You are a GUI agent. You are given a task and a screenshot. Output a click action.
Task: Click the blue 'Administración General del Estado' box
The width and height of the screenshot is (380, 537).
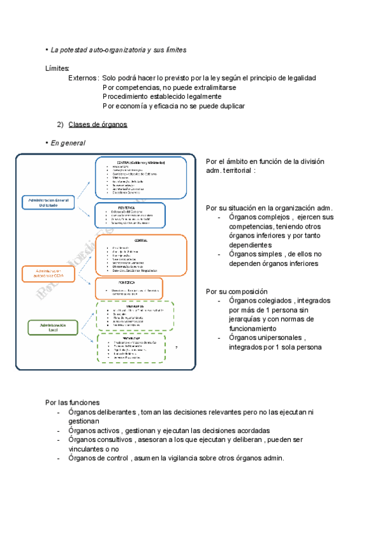(x=48, y=203)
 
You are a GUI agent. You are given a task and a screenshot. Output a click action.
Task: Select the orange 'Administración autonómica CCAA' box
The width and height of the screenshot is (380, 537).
(x=48, y=256)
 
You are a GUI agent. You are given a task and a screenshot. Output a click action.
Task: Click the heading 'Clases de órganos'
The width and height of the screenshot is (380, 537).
(x=98, y=124)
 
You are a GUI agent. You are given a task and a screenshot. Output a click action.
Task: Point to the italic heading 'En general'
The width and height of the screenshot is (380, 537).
(x=68, y=143)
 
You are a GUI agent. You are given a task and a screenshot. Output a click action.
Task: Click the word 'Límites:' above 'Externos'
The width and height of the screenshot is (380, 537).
(x=58, y=68)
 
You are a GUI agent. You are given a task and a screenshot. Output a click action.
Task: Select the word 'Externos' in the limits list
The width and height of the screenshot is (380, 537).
(x=83, y=78)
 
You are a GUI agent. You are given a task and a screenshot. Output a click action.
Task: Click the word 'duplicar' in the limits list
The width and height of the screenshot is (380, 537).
(x=229, y=106)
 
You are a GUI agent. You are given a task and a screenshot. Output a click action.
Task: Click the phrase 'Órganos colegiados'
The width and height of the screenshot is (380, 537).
(x=260, y=301)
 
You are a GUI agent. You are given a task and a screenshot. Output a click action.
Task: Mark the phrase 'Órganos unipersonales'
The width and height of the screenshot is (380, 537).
(x=265, y=338)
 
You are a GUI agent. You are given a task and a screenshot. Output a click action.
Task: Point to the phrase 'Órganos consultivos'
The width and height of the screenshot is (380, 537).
(x=101, y=439)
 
